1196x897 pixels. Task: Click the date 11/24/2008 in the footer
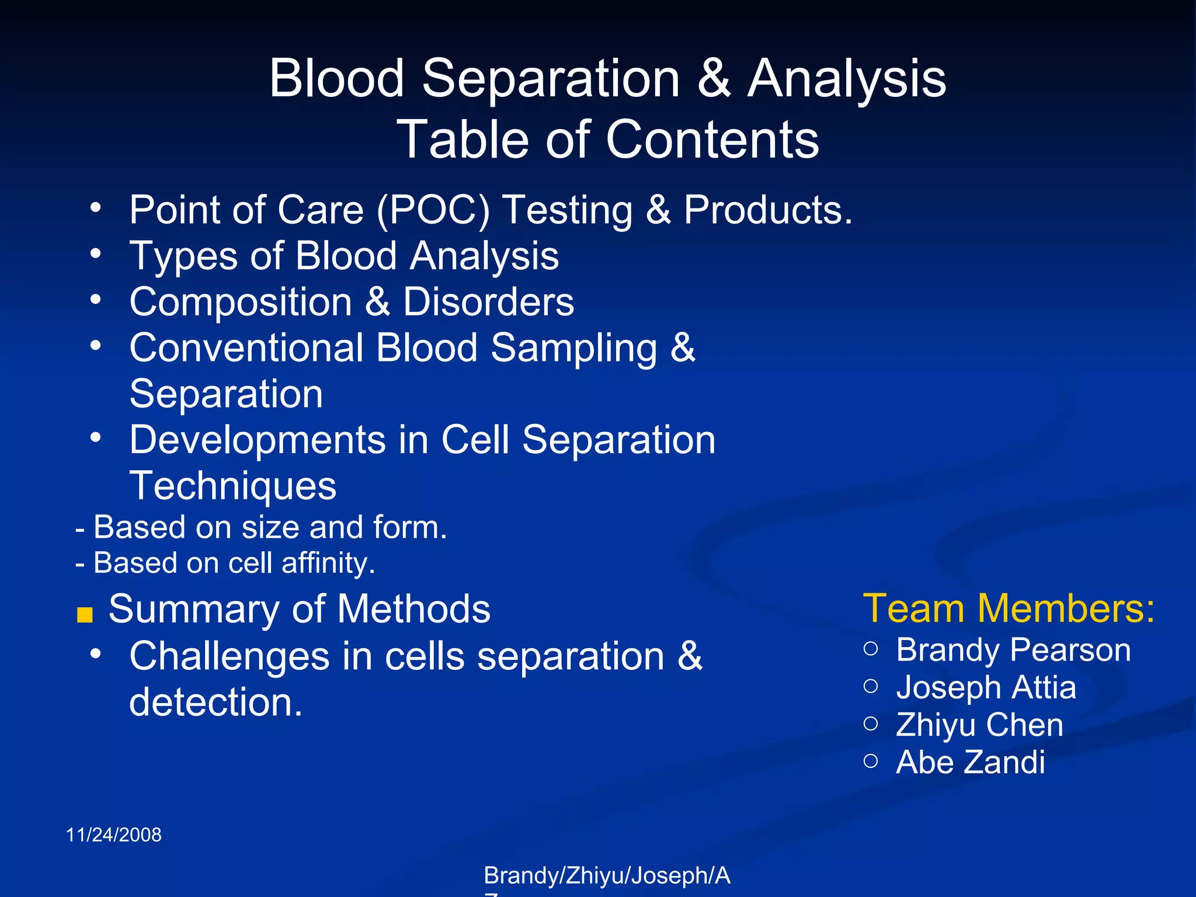pyautogui.click(x=114, y=835)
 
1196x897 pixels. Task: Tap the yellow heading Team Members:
pyautogui.click(x=1009, y=609)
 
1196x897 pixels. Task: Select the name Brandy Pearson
pyautogui.click(x=1013, y=650)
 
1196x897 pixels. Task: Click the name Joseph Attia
pyautogui.click(x=986, y=687)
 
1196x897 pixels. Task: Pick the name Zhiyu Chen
pyautogui.click(x=979, y=725)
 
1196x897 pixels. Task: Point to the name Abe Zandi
pyautogui.click(x=970, y=762)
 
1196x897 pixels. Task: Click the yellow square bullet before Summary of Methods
pyautogui.click(x=85, y=615)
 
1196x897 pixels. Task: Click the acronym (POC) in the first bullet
pyautogui.click(x=433, y=210)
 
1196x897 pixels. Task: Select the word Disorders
pyautogui.click(x=488, y=302)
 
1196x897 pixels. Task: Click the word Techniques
pyautogui.click(x=232, y=486)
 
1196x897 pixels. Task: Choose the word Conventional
pyautogui.click(x=246, y=348)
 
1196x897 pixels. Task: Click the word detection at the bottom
pyautogui.click(x=215, y=702)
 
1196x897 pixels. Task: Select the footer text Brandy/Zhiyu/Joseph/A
pyautogui.click(x=607, y=875)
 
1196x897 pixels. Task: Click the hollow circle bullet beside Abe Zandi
pyautogui.click(x=871, y=760)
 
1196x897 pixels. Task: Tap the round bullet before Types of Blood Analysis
pyautogui.click(x=96, y=253)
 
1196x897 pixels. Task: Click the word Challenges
pyautogui.click(x=230, y=656)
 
